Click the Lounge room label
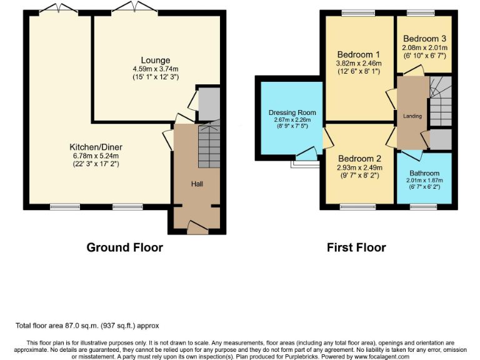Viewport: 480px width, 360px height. pos(155,60)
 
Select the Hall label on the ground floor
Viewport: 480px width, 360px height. pos(197,184)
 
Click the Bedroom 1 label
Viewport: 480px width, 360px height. pos(358,54)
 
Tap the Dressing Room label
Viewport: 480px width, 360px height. pos(292,112)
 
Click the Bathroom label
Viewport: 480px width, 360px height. pos(424,173)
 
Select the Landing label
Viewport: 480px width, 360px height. pos(412,116)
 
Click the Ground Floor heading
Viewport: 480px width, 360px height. pos(124,247)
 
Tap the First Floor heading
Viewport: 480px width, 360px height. pos(356,247)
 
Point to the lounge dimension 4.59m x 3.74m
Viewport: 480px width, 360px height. pos(155,69)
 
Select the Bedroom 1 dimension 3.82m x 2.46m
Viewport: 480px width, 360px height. pos(359,63)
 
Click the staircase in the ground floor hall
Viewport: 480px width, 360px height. pos(209,146)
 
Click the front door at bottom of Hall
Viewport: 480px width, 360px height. pos(197,229)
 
